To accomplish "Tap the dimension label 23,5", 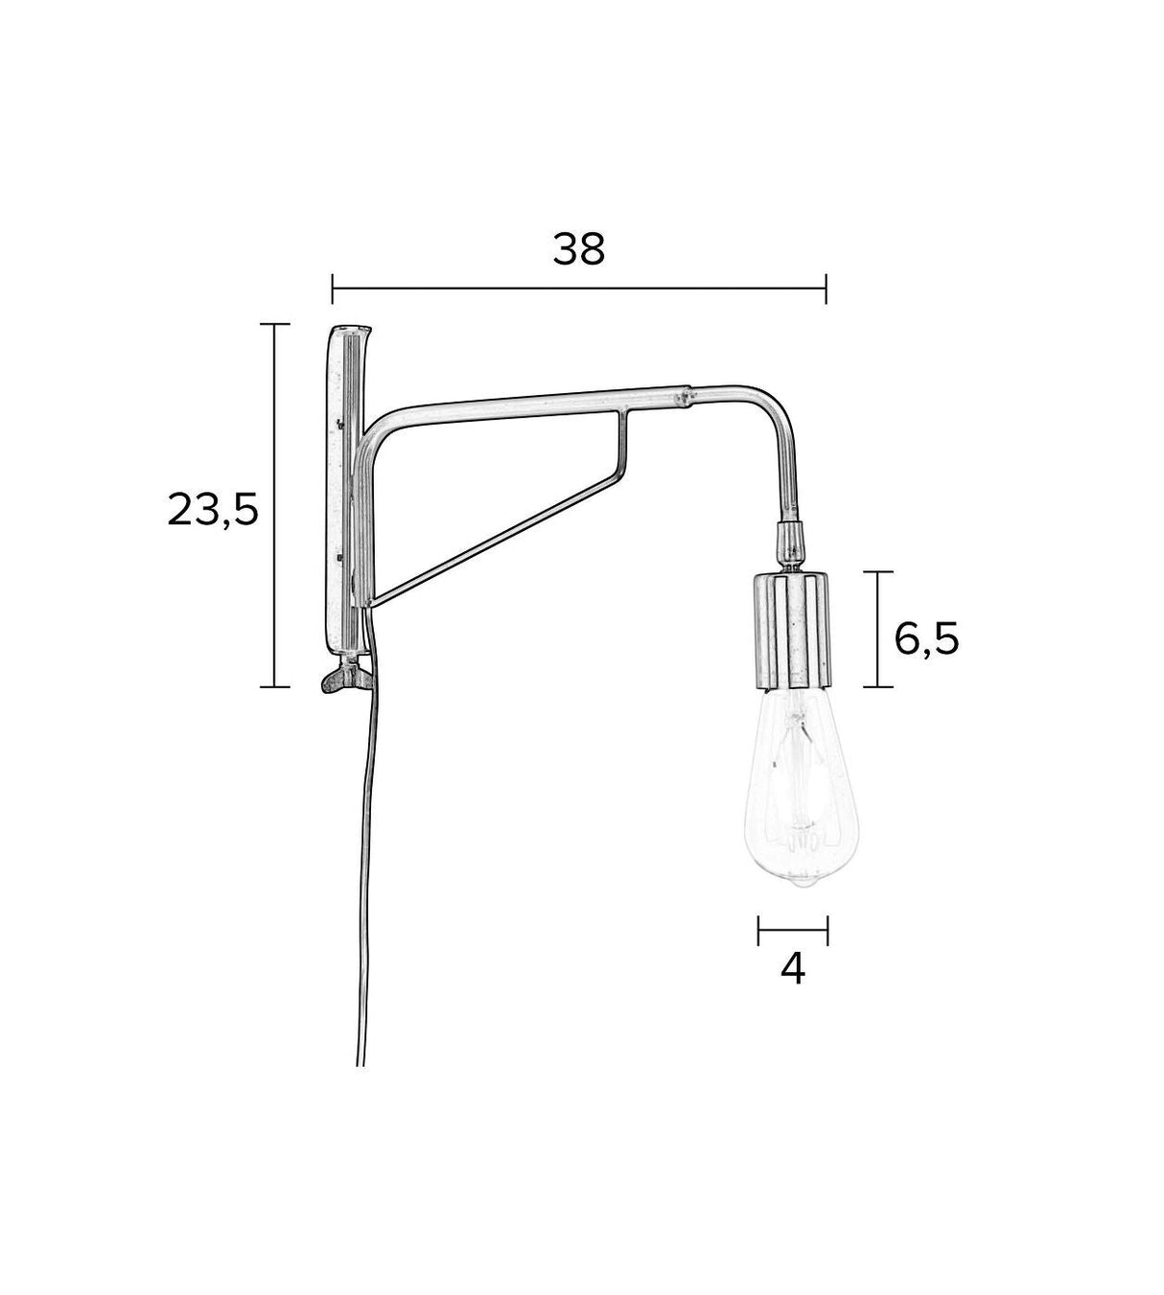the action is coord(213,510).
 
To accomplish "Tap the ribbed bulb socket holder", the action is coord(791,630).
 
